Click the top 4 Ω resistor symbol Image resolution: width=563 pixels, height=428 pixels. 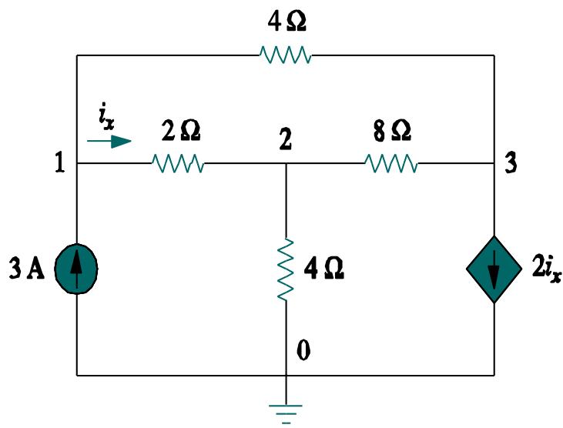pyautogui.click(x=286, y=55)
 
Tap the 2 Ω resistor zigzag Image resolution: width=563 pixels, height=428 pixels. pyautogui.click(x=178, y=163)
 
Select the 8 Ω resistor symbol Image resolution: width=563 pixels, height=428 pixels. pyautogui.click(x=391, y=163)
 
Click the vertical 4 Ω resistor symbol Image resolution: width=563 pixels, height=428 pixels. pyautogui.click(x=286, y=269)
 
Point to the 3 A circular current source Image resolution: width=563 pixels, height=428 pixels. pyautogui.click(x=77, y=269)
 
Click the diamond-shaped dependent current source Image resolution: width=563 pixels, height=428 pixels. pyautogui.click(x=493, y=269)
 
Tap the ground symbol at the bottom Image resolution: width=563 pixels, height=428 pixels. pyautogui.click(x=286, y=411)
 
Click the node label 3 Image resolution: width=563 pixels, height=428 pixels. pyautogui.click(x=509, y=164)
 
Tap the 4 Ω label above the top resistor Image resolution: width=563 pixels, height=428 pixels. pyautogui.click(x=287, y=22)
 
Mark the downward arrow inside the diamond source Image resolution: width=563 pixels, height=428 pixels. pyautogui.click(x=493, y=270)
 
